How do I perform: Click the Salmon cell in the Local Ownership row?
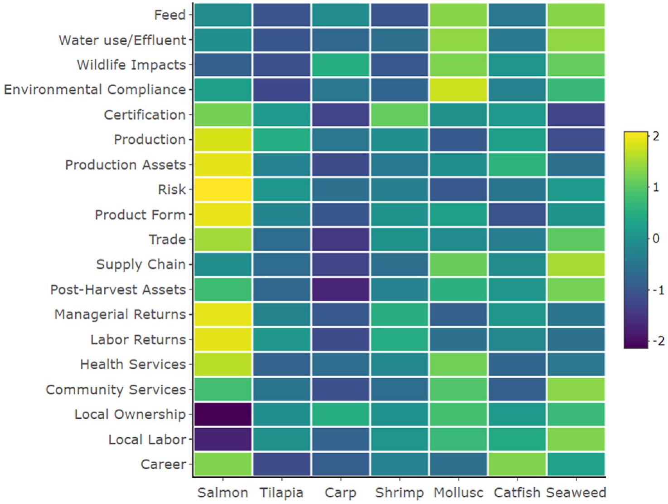pyautogui.click(x=223, y=414)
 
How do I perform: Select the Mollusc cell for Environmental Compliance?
pyautogui.click(x=458, y=89)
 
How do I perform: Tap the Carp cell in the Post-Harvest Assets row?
pyautogui.click(x=340, y=289)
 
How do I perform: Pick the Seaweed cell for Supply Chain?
pyautogui.click(x=576, y=264)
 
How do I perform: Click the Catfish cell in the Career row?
pyautogui.click(x=517, y=464)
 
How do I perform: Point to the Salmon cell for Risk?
pyautogui.click(x=223, y=189)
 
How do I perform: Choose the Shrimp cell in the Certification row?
pyautogui.click(x=399, y=115)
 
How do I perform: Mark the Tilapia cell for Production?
pyautogui.click(x=281, y=139)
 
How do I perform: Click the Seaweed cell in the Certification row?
pyautogui.click(x=576, y=115)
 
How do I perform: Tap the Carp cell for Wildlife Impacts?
pyautogui.click(x=340, y=65)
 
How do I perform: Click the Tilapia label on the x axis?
pyautogui.click(x=281, y=493)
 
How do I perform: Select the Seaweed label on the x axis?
pyautogui.click(x=576, y=493)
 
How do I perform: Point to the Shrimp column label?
pyautogui.click(x=399, y=493)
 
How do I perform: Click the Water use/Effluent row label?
pyautogui.click(x=122, y=40)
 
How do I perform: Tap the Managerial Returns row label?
pyautogui.click(x=120, y=314)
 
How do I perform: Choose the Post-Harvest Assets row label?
pyautogui.click(x=118, y=289)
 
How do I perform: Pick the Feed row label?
pyautogui.click(x=170, y=15)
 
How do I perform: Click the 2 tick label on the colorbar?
pyautogui.click(x=656, y=136)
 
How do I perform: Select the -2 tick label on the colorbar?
pyautogui.click(x=658, y=341)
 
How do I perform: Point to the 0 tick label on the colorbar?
pyautogui.click(x=656, y=238)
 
